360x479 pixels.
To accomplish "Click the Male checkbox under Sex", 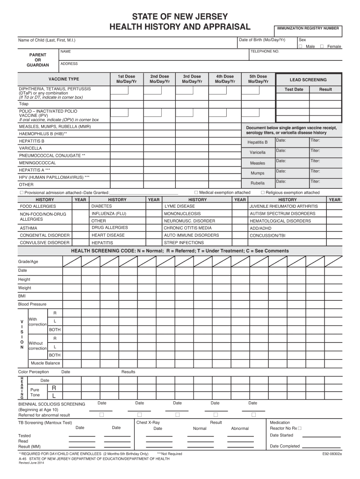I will tap(301, 47).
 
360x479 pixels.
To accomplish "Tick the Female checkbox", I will tap(322, 47).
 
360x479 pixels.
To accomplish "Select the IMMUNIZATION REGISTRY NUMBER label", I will tap(308, 28).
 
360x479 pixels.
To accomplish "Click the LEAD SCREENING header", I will tap(308, 80).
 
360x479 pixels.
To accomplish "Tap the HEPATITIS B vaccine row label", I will tap(32, 141).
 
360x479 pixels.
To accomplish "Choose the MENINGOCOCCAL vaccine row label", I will tap(37, 163).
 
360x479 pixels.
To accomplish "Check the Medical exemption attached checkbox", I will tap(196, 192).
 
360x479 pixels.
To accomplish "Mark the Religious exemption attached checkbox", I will tap(263, 192).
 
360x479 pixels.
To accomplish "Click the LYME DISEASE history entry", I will tap(180, 206).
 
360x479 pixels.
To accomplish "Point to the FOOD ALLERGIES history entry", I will tap(38, 206).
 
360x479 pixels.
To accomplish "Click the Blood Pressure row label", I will tap(32, 304).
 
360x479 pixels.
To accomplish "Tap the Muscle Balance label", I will tap(45, 363).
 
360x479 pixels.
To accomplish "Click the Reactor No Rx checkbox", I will tap(300, 428).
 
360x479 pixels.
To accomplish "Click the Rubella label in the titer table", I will tap(257, 183).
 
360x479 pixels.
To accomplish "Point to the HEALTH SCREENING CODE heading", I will tap(180, 251).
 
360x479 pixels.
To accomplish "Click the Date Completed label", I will tap(285, 446).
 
